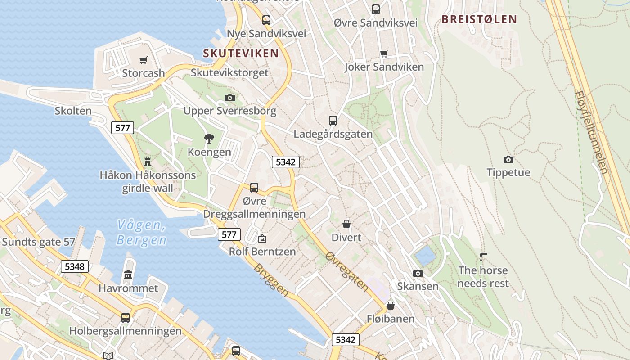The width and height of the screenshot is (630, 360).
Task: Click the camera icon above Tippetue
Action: point(508,159)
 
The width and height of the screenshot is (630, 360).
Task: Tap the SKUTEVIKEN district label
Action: point(241,54)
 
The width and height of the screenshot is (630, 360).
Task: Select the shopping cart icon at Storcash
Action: point(144,60)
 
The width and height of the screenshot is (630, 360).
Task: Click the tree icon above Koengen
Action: point(209,139)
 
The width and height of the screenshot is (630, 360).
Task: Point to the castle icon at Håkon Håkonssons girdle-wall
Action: point(148,162)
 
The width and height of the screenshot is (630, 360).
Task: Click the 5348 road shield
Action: point(75,266)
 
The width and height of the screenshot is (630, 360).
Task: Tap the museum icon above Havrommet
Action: point(128,274)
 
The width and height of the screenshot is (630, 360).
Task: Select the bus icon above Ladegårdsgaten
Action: point(333,120)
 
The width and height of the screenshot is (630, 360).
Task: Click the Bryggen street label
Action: point(271,280)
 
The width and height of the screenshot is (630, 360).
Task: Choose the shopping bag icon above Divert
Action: point(346,224)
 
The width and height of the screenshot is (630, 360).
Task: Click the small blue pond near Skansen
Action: point(425,256)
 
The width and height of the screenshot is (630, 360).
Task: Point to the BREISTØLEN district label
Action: point(479,19)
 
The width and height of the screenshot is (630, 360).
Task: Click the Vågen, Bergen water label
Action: point(141,232)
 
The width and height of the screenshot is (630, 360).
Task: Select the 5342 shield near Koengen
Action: point(285,162)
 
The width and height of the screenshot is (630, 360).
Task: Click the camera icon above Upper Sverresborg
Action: point(230,98)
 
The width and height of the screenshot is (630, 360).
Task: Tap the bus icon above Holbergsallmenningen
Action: point(126,317)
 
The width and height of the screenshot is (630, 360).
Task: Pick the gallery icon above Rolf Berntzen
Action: point(262,238)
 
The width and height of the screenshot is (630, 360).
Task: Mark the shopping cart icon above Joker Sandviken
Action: point(384,54)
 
